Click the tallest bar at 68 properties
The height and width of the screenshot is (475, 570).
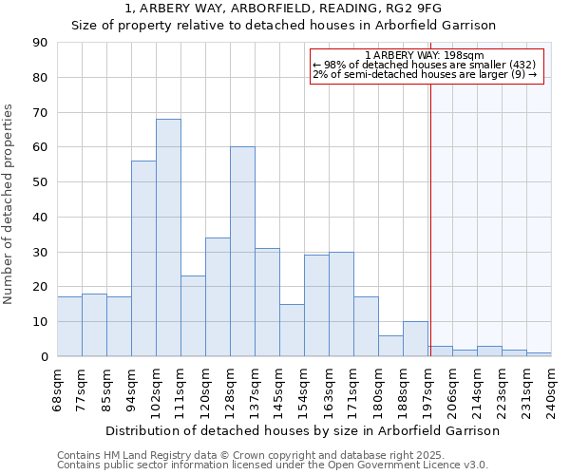point(168,237)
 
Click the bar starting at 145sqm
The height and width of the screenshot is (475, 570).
point(292,330)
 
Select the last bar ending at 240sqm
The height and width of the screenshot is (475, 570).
point(539,354)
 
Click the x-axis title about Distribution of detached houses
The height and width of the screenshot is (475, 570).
point(302,430)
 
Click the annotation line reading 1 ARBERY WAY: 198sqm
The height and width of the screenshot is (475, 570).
point(425,55)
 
